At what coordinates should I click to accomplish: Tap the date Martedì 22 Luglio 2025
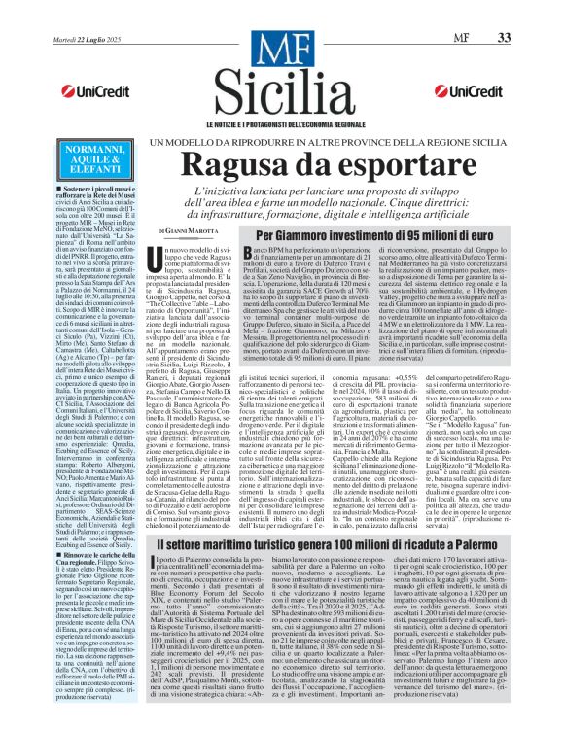[x=62, y=11]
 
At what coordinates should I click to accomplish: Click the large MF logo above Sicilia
[x=282, y=44]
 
